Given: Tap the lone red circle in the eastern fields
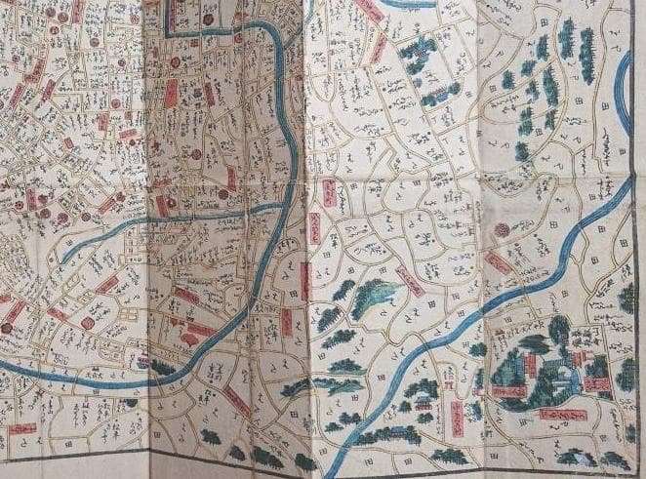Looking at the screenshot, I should pos(502,230).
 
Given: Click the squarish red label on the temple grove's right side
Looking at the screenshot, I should pos(598,384).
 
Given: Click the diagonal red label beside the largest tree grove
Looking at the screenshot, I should pos(408,282).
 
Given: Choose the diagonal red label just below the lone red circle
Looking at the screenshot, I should pos(500,263).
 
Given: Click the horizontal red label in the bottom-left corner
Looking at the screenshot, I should pos(21,427).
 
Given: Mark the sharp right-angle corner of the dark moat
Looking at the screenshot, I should pos(167,34).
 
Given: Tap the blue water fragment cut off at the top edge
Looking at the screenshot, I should pos(407,4).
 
